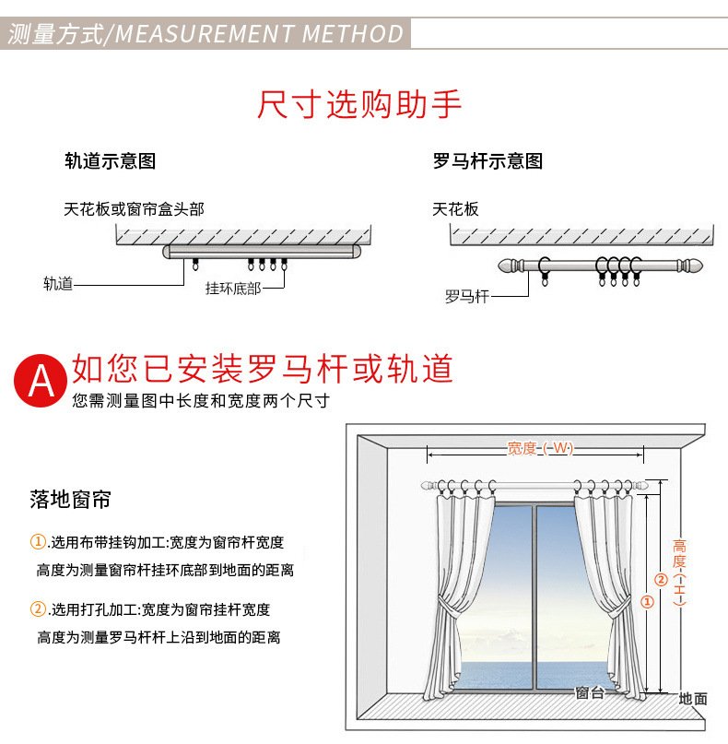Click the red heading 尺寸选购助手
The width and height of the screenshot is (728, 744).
click(x=359, y=105)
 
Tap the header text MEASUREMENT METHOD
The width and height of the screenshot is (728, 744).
click(x=260, y=35)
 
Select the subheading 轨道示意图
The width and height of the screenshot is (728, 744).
click(x=110, y=161)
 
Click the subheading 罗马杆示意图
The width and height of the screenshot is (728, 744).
click(x=487, y=161)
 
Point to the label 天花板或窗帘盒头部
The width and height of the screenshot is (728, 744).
click(x=134, y=209)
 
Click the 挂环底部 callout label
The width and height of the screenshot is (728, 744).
click(x=233, y=288)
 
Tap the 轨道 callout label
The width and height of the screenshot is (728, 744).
click(x=57, y=284)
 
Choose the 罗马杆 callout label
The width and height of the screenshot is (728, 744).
click(x=466, y=296)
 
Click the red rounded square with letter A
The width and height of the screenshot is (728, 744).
click(x=40, y=379)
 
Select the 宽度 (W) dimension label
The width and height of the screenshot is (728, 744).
click(x=540, y=448)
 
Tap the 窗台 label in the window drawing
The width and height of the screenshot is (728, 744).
click(x=589, y=692)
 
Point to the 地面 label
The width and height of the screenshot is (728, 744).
click(x=693, y=699)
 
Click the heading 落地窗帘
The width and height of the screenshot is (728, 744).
click(x=70, y=501)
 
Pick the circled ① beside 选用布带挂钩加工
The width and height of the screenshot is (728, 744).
click(x=38, y=541)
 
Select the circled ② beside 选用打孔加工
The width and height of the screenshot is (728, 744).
click(x=38, y=609)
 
